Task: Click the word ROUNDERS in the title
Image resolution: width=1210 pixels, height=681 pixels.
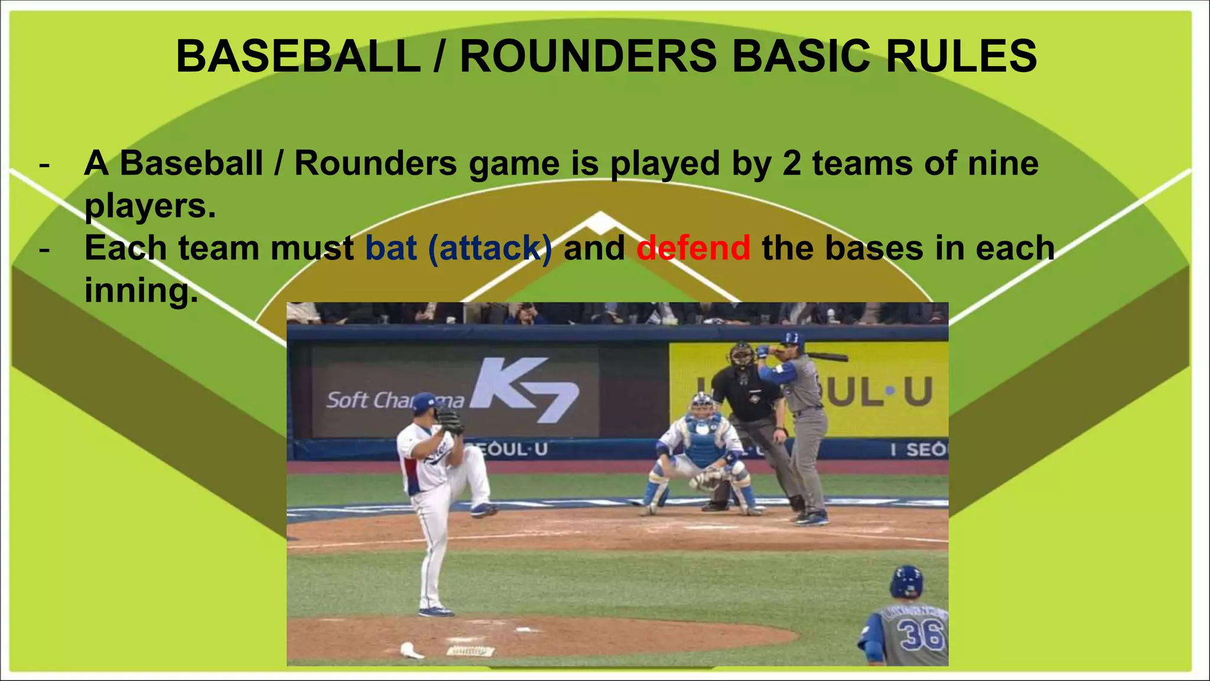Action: [588, 56]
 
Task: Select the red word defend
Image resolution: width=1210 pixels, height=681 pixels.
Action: [693, 248]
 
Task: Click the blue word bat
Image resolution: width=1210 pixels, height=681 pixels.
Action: [391, 248]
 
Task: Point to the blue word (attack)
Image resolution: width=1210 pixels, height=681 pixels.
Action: [490, 248]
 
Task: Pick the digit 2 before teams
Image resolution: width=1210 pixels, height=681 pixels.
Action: [792, 163]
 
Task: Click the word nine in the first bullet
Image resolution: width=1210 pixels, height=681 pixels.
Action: [1003, 163]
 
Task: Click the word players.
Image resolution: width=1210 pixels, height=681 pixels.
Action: [150, 206]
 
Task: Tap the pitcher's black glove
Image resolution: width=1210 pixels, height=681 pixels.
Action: [450, 421]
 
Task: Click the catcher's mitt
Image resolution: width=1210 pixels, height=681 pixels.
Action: [707, 479]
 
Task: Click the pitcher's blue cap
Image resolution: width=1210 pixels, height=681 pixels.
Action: [424, 402]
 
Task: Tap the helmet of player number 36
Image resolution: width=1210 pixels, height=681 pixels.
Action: [906, 581]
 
